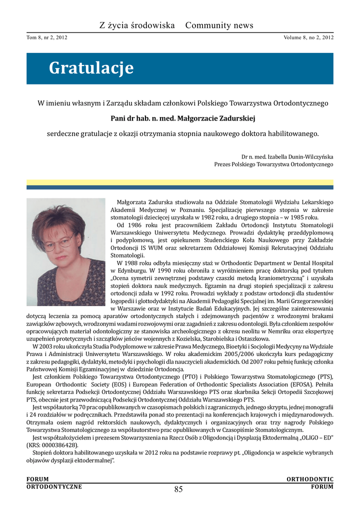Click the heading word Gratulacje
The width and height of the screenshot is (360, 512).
point(91,68)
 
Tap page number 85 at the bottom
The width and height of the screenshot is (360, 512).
point(178,489)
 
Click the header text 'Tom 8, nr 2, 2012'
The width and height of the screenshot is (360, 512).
point(47,37)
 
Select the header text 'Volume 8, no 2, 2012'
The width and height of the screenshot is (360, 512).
point(308,37)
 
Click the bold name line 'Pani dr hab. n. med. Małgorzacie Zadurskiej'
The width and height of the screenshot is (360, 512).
point(182,118)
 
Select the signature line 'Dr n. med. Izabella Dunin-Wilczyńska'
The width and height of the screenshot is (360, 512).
point(287,156)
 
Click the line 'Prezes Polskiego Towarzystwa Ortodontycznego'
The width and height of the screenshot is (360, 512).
point(273,164)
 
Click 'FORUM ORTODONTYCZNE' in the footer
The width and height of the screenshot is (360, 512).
point(54,483)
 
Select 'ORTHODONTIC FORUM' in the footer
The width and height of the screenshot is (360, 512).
point(310,483)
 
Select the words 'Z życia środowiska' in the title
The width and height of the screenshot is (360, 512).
point(137,25)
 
